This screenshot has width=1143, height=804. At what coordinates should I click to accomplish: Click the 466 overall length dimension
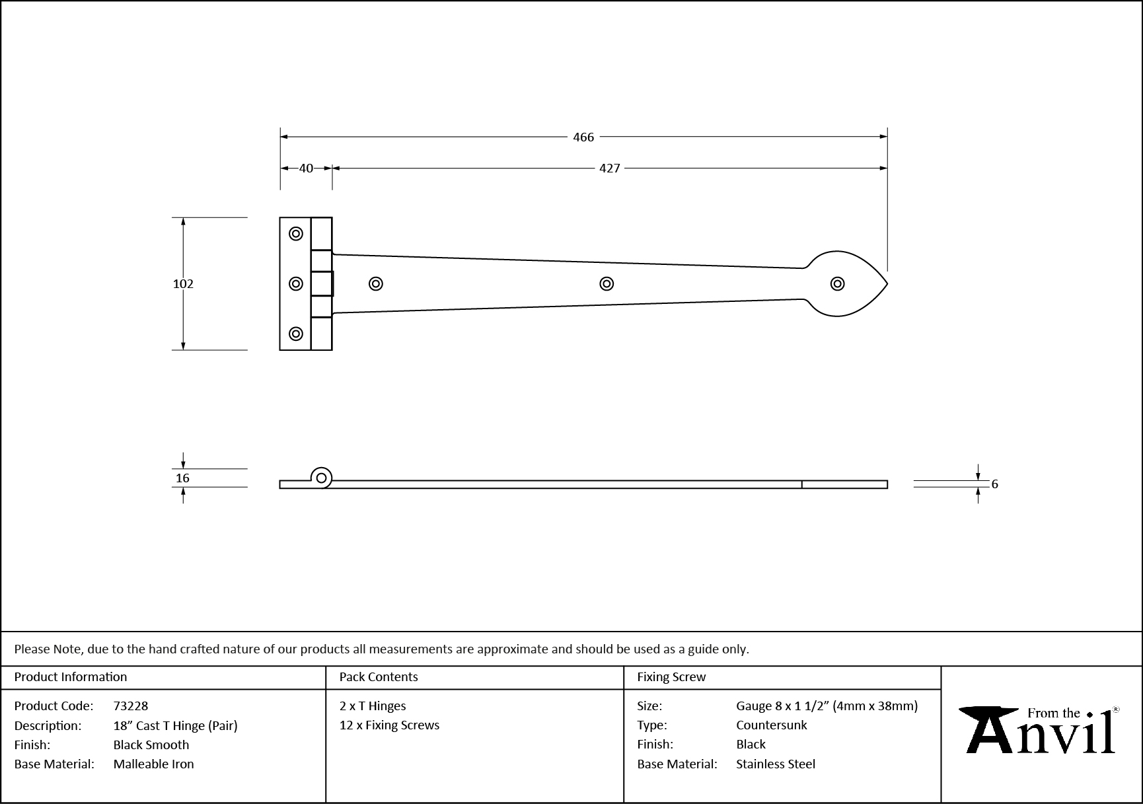tap(583, 137)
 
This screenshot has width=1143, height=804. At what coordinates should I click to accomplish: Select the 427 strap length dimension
tap(609, 168)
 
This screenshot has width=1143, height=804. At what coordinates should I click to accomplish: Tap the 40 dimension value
tap(306, 168)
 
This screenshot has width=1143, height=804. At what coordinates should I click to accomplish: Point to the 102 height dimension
tap(183, 284)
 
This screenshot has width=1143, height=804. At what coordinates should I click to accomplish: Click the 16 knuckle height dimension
tap(183, 478)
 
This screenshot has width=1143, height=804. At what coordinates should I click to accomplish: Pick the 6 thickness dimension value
tap(994, 484)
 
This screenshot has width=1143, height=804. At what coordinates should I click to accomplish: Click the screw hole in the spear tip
tap(837, 284)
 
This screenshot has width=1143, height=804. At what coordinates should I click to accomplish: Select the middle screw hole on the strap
tap(607, 284)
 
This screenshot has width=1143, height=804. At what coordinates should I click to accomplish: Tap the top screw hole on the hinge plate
tap(296, 234)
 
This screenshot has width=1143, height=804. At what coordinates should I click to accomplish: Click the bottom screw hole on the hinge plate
tap(296, 334)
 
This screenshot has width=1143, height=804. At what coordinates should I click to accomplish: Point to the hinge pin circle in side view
tap(322, 478)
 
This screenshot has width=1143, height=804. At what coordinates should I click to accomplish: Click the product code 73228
tap(131, 706)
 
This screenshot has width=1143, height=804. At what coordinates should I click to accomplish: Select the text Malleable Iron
tap(153, 764)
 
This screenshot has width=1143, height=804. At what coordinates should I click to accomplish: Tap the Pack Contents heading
tap(379, 677)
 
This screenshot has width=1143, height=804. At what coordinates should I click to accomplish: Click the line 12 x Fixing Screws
tap(389, 725)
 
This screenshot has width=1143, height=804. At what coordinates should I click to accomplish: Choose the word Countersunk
tap(771, 725)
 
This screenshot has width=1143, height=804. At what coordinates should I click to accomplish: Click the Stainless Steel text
tap(776, 764)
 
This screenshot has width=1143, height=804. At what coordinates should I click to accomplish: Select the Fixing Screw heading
tap(671, 677)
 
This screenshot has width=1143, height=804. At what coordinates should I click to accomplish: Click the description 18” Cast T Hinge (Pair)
tap(175, 725)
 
